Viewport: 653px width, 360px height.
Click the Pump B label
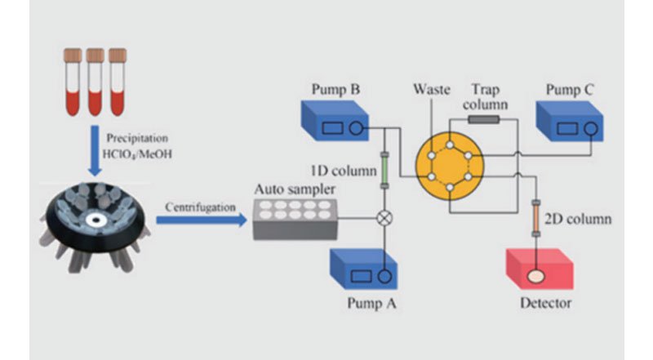(333, 88)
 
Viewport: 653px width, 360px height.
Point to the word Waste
(433, 89)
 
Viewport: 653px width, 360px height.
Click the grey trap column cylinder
(483, 120)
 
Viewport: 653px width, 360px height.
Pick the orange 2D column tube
(536, 217)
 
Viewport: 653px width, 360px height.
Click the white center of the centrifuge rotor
(96, 220)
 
